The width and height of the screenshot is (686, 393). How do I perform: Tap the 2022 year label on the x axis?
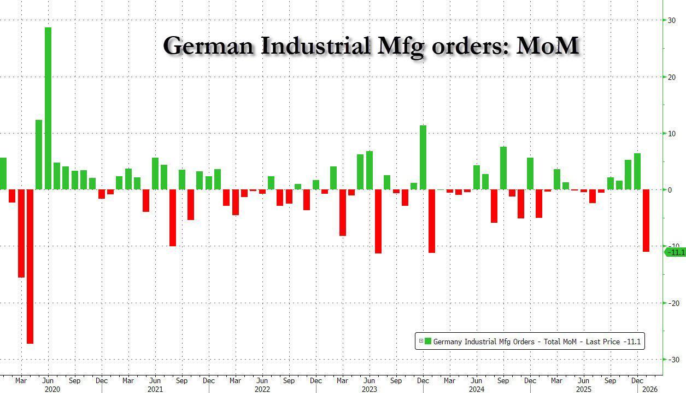pyautogui.click(x=262, y=389)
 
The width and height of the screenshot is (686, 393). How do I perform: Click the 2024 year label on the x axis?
pyautogui.click(x=476, y=389)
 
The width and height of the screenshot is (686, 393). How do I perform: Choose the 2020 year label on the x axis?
pyautogui.click(x=51, y=389)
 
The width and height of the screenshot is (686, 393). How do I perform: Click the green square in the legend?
pyautogui.click(x=428, y=342)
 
